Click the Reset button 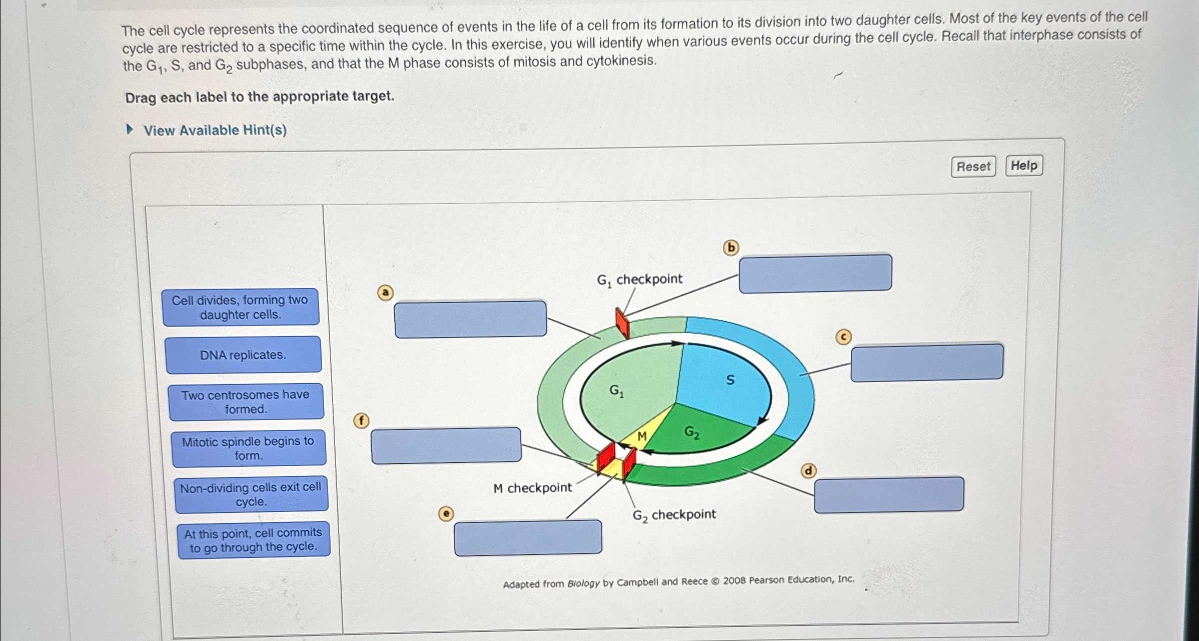click(973, 166)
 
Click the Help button click(1024, 165)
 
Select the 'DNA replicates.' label click(243, 355)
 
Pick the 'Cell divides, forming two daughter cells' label click(240, 307)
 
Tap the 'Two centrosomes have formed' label click(246, 401)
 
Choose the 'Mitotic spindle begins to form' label click(248, 448)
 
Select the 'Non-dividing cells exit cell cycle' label click(251, 494)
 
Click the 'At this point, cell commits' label click(253, 540)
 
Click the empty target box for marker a click(470, 319)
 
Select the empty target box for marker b click(815, 273)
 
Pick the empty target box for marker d click(889, 494)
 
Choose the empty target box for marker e click(528, 537)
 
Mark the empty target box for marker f click(446, 445)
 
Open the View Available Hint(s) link click(215, 130)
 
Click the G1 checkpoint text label click(639, 279)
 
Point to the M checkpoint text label click(532, 488)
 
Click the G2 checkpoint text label click(674, 514)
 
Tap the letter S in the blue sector click(730, 380)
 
